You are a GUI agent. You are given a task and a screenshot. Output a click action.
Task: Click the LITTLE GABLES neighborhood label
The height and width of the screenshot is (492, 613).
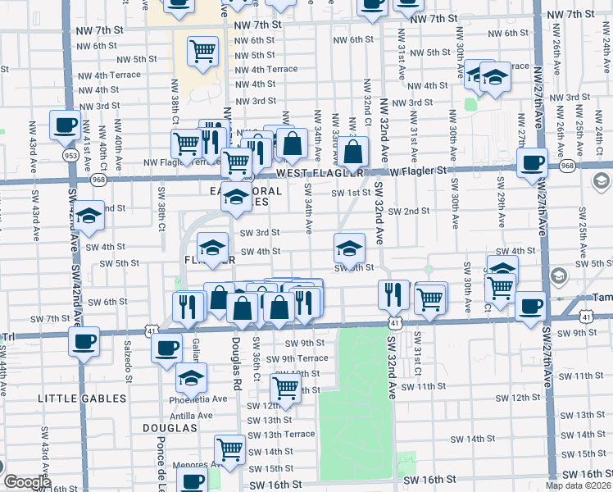pyautogui.click(x=82, y=399)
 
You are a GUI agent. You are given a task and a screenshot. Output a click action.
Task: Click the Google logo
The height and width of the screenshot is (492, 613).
pyautogui.click(x=27, y=482)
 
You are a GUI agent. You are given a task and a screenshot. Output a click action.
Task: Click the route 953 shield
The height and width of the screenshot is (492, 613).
pyautogui.click(x=70, y=153)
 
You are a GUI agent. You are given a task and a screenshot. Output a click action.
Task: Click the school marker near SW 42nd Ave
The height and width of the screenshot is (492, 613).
pyautogui.click(x=89, y=216)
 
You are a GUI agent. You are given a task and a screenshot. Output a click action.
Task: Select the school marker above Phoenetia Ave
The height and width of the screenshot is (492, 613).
pyautogui.click(x=192, y=378)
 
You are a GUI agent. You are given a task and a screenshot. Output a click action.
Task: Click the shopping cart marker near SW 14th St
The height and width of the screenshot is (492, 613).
pyautogui.click(x=229, y=449)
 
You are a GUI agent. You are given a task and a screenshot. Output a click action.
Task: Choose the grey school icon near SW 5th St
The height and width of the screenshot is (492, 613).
pyautogui.click(x=559, y=276)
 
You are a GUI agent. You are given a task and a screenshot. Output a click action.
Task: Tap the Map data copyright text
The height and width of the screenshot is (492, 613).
pyautogui.click(x=579, y=485)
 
